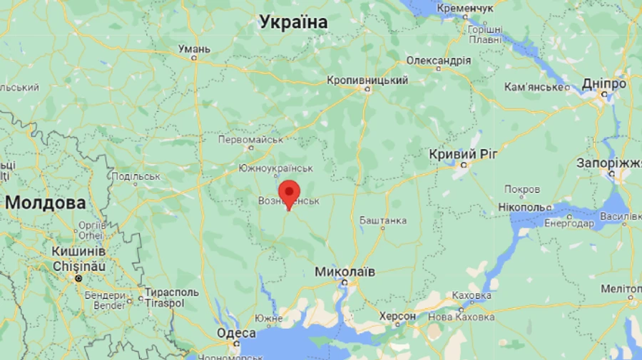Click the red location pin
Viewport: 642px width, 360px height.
coord(287,193)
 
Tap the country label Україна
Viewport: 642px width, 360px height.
coord(293,22)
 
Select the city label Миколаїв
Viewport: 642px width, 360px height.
coord(345,272)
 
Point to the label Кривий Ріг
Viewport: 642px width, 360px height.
coord(463,154)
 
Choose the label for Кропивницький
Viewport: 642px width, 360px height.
coord(367,80)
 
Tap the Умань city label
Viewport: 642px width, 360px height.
coord(194,48)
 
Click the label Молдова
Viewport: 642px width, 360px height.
coord(45,202)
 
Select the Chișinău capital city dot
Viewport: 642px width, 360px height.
coord(78,278)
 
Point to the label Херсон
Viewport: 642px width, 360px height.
coord(397,316)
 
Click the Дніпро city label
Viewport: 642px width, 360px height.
coord(603,83)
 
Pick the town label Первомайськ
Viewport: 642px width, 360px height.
coord(250,139)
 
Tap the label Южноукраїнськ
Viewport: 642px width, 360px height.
coord(276,168)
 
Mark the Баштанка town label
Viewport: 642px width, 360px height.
coord(383,220)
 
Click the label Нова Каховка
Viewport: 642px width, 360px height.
coord(461,317)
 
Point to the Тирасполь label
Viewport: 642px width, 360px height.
coord(171,292)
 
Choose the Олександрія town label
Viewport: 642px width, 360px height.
coord(438,61)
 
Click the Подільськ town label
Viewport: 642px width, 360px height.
coord(136,176)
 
